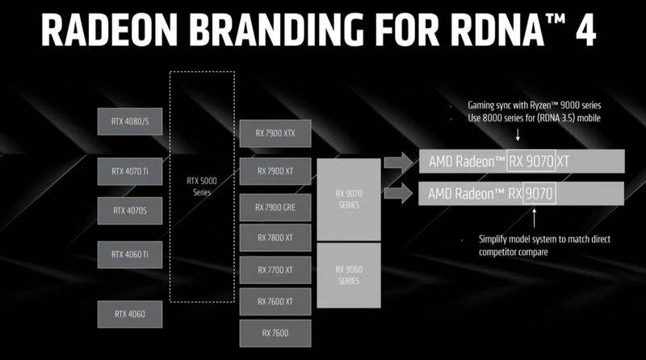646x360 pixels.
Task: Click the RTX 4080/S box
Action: point(130,122)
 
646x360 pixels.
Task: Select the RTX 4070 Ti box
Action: point(130,171)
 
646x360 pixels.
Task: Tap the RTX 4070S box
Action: point(130,211)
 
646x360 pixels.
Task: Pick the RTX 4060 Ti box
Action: point(130,254)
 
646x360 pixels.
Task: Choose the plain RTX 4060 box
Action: point(130,314)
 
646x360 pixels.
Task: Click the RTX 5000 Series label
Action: point(202,186)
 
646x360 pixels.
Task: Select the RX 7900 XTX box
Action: point(275,133)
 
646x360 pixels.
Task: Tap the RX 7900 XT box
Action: point(275,171)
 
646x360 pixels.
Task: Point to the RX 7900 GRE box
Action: point(275,207)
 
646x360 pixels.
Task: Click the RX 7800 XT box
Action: point(275,237)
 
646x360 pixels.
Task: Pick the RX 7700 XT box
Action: point(275,270)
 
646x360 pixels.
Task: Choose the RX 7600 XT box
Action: point(275,302)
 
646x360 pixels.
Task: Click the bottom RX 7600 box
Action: point(275,333)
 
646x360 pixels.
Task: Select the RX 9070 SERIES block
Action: point(349,199)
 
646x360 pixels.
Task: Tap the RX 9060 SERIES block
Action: point(349,275)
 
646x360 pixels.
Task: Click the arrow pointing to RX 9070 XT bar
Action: point(398,162)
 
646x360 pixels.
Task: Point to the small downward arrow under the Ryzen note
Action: point(518,135)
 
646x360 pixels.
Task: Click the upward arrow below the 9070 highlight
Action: point(535,218)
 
